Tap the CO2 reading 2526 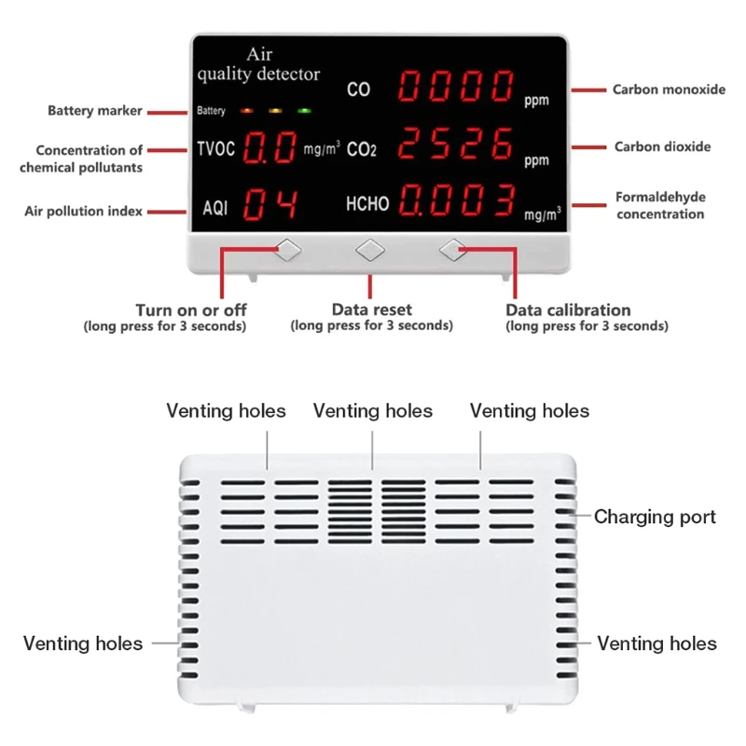[x=456, y=145]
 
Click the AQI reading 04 [x=270, y=205]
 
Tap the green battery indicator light [x=304, y=111]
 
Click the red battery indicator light [x=247, y=111]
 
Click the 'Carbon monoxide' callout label [x=668, y=90]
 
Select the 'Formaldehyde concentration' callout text [x=659, y=206]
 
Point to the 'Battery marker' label [x=95, y=111]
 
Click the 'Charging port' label [x=655, y=517]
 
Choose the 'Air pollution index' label [x=84, y=212]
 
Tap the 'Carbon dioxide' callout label [x=662, y=146]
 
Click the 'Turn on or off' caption [x=191, y=310]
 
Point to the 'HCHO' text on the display [x=367, y=204]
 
